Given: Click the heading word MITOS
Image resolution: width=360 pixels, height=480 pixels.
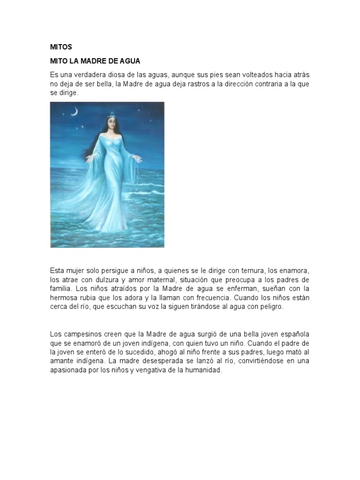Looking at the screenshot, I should pyautogui.click(x=60, y=47).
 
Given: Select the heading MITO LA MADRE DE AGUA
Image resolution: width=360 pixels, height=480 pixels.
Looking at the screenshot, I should pyautogui.click(x=95, y=61).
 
